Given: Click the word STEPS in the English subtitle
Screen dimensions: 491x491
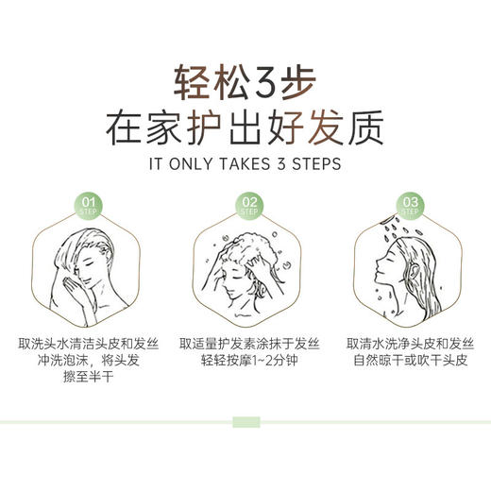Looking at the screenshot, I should coord(314,163).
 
